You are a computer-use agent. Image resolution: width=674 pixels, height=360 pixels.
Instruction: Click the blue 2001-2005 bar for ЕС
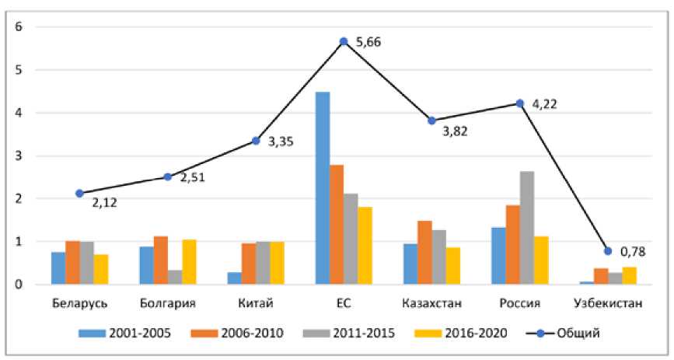coord(322,188)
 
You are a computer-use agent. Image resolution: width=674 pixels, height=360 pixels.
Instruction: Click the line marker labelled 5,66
coord(343,41)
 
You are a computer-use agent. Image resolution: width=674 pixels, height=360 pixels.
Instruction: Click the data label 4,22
coord(545,102)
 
